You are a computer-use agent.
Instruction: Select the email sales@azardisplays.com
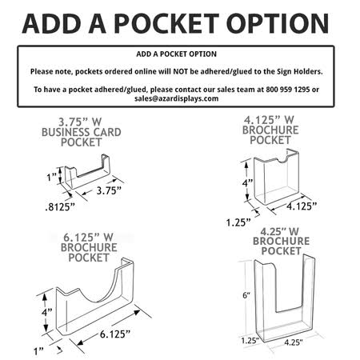click(179, 98)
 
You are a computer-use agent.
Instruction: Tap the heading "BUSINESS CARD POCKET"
click(75, 136)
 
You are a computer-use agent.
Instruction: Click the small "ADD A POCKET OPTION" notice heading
click(179, 55)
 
